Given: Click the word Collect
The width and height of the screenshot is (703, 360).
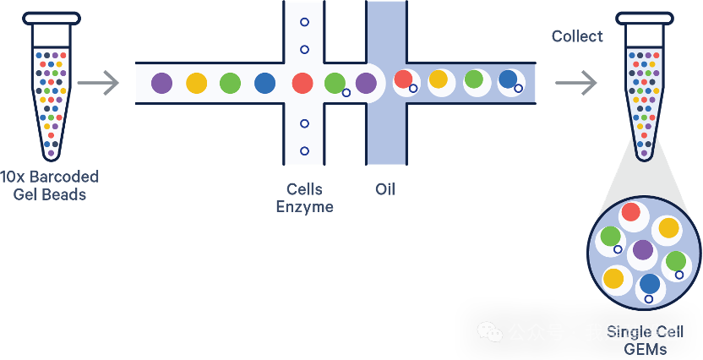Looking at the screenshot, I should tap(577, 36).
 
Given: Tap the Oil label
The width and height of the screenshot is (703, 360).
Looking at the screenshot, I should tap(385, 189).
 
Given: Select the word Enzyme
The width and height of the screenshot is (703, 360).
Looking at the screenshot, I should tap(304, 207).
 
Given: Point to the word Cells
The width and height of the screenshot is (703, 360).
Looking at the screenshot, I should tap(304, 189).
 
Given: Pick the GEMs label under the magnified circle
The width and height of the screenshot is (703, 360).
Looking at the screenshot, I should tap(645, 349).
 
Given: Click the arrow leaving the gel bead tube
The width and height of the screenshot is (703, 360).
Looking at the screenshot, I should tap(98, 83).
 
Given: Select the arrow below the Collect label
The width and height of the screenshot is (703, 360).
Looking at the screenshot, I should tap(576, 83).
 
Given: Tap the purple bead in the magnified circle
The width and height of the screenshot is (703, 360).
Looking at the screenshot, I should tap(643, 250).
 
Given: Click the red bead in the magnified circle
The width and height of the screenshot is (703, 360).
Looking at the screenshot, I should tap(631, 212).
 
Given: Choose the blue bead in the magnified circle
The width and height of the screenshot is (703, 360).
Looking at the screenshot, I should tap(650, 284).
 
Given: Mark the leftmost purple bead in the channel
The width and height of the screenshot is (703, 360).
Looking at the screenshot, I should tap(161, 83).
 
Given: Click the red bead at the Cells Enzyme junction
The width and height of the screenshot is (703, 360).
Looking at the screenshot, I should tap(302, 83).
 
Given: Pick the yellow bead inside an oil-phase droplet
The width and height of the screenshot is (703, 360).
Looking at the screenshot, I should tap(438, 79).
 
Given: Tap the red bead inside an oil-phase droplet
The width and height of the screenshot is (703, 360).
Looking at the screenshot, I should tap(403, 79).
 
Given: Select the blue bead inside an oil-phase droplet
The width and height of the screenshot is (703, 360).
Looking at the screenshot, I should tap(507, 79).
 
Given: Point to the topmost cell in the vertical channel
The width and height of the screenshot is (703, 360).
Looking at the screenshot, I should tap(304, 21).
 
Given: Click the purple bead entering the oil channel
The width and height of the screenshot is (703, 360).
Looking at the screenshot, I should tap(366, 83).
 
